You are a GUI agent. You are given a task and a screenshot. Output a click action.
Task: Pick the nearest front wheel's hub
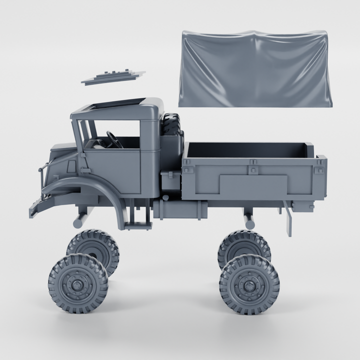point(78,284)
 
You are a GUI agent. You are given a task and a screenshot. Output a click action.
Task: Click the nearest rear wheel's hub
point(248,284)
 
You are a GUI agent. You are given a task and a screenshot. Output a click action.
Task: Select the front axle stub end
point(79,219)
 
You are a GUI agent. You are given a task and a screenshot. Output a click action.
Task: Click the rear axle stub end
point(248,219)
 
